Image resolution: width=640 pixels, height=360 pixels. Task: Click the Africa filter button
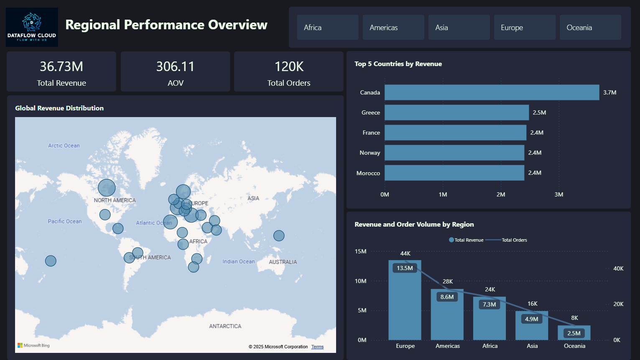(327, 28)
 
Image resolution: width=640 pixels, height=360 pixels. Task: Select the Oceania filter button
(590, 28)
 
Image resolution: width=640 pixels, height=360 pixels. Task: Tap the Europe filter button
(524, 28)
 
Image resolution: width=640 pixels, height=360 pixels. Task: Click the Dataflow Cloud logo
(32, 27)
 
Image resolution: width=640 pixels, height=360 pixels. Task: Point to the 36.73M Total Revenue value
(61, 66)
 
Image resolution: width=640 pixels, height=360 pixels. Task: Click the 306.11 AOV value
(175, 66)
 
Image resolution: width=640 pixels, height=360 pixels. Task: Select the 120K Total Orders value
(288, 66)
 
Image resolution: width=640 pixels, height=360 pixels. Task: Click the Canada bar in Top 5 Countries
(492, 92)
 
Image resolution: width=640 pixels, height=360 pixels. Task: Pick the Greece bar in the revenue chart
(456, 112)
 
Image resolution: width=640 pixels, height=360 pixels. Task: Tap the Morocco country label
(368, 173)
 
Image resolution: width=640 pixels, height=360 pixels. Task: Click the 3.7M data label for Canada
(609, 92)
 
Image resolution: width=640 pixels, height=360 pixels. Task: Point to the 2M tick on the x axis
(501, 194)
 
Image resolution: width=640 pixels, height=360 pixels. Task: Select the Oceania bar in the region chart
(574, 333)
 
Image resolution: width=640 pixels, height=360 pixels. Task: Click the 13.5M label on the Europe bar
(405, 268)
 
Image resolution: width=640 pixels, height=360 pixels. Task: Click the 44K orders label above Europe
(405, 253)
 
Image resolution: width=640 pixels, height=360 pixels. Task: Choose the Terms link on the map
(317, 347)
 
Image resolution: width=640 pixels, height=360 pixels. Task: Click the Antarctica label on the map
(225, 326)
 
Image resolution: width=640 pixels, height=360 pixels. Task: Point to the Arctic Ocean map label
(64, 146)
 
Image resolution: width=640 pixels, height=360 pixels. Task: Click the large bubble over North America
(107, 188)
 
